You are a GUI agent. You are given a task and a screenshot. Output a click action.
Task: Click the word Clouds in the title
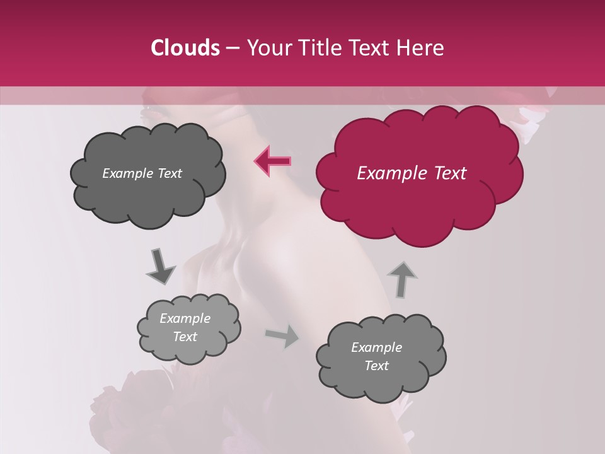tap(185, 48)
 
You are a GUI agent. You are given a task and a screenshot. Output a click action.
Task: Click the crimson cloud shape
tap(418, 202)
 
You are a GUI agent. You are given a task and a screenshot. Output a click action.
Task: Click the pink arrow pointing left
tap(273, 161)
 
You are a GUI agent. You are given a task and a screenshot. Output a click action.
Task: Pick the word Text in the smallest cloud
tap(185, 337)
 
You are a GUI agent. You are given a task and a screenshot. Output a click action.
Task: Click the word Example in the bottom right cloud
tap(376, 347)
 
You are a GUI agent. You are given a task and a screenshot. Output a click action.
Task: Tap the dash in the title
tap(232, 48)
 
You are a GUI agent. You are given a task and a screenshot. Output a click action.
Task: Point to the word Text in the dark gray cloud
tap(169, 173)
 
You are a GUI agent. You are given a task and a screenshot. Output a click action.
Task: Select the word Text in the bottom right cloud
tap(376, 366)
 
